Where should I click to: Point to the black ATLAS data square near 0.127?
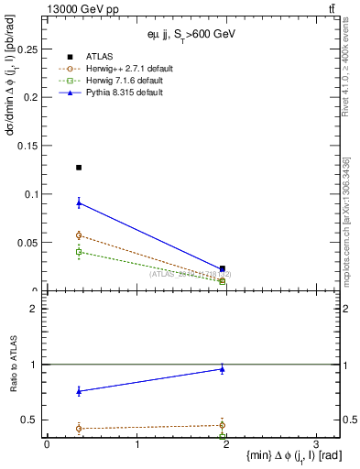(x=79, y=168)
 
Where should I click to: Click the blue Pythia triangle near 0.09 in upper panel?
(x=79, y=202)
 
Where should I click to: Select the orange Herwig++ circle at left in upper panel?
(x=79, y=235)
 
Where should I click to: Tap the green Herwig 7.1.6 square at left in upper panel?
(x=79, y=251)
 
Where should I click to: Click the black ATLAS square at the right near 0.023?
(x=223, y=268)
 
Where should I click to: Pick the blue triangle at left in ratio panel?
(x=79, y=391)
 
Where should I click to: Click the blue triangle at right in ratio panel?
(x=223, y=369)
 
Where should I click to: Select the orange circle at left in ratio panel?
(x=79, y=428)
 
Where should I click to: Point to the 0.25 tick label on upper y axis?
(x=30, y=48)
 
